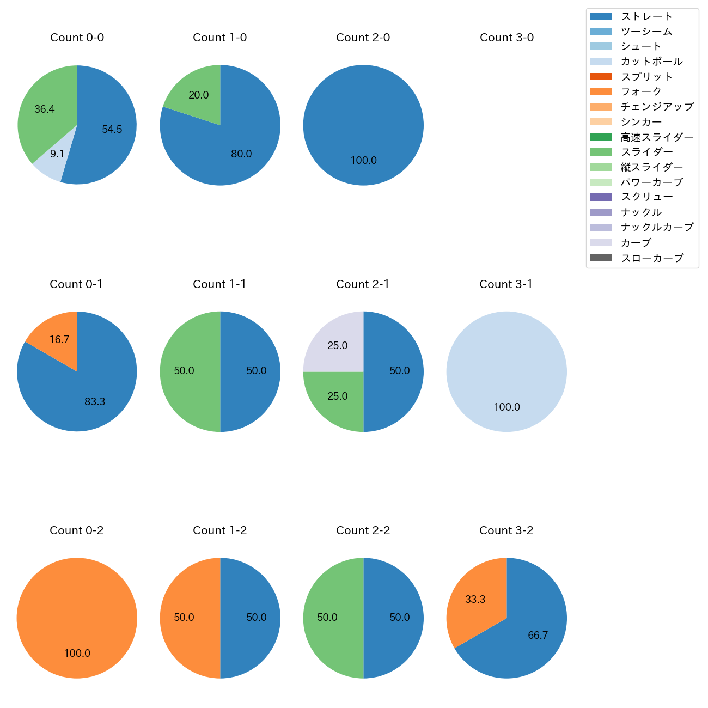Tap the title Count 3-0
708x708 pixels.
pyautogui.click(x=506, y=38)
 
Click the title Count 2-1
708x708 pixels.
pyautogui.click(x=363, y=284)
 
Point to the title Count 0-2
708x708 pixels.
pyautogui.click(x=77, y=530)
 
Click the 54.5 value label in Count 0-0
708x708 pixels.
pyautogui.click(x=112, y=130)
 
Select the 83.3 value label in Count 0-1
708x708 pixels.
pyautogui.click(x=95, y=402)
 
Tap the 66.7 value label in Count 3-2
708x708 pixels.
pyautogui.click(x=538, y=636)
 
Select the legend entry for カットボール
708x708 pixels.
pyautogui.click(x=651, y=62)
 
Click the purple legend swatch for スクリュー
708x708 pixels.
pyautogui.click(x=601, y=197)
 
